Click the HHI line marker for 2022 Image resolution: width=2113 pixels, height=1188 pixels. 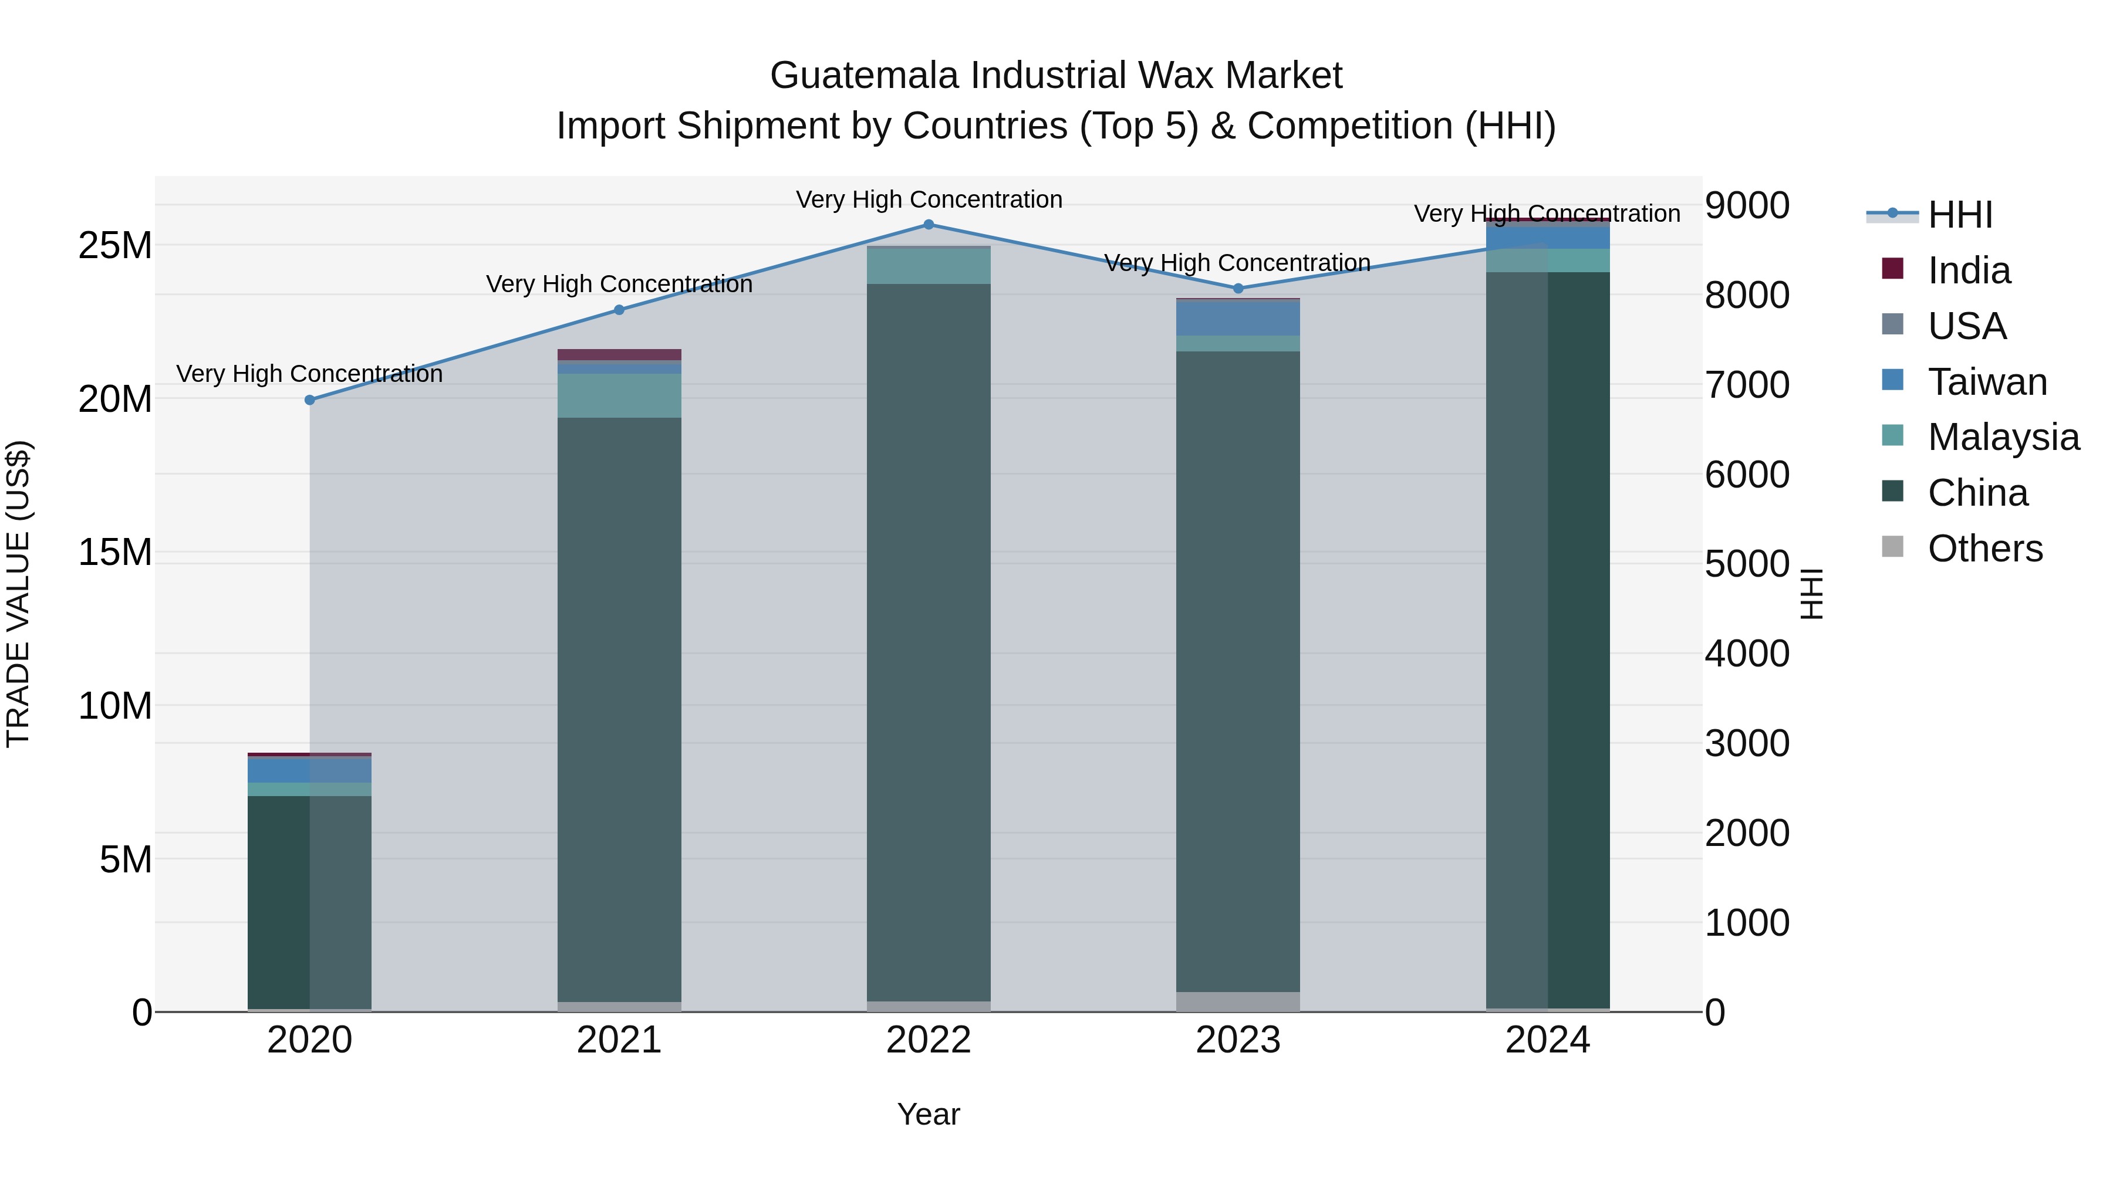click(x=929, y=225)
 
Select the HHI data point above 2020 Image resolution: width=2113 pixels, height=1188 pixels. click(x=309, y=400)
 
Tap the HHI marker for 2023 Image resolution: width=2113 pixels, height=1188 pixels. click(x=1238, y=289)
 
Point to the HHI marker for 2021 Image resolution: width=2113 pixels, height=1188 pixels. click(x=619, y=310)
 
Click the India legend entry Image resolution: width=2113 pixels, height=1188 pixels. click(x=1969, y=270)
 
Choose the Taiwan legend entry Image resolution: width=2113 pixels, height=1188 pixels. click(x=1987, y=382)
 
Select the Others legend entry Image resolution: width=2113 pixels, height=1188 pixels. click(x=1985, y=549)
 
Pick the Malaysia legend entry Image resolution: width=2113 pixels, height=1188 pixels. click(x=2003, y=437)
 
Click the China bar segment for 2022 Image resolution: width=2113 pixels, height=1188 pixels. click(x=929, y=639)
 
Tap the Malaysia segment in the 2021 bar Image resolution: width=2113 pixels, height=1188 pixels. click(x=619, y=395)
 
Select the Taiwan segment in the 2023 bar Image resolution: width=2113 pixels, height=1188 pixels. click(x=1238, y=318)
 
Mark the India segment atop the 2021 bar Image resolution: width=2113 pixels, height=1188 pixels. click(x=619, y=355)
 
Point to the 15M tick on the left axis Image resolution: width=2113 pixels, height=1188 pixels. click(x=115, y=553)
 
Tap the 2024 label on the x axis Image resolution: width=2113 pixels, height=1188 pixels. click(x=1547, y=1040)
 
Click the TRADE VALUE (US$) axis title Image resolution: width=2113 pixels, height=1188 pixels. click(x=18, y=594)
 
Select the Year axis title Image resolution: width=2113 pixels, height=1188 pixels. click(x=929, y=1114)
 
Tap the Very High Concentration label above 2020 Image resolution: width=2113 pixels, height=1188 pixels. click(x=309, y=374)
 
